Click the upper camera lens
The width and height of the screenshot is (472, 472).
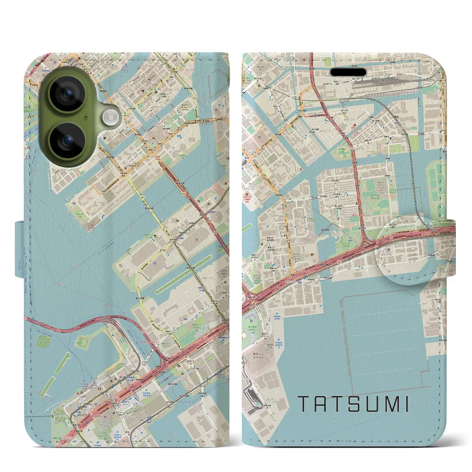[67, 93]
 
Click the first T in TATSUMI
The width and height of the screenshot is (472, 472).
[304, 404]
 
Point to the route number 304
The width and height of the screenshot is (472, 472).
[183, 193]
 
